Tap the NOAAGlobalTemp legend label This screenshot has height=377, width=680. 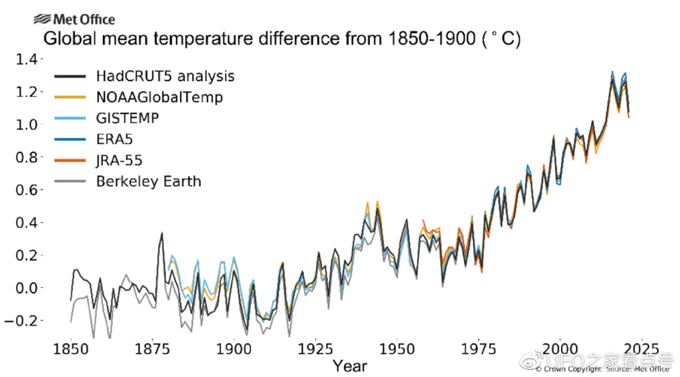click(159, 97)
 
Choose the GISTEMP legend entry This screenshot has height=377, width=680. click(127, 118)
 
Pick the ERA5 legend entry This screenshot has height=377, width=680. click(114, 140)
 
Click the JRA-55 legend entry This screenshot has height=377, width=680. click(119, 160)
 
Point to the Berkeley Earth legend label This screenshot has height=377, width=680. click(148, 181)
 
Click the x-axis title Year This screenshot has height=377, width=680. click(349, 366)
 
